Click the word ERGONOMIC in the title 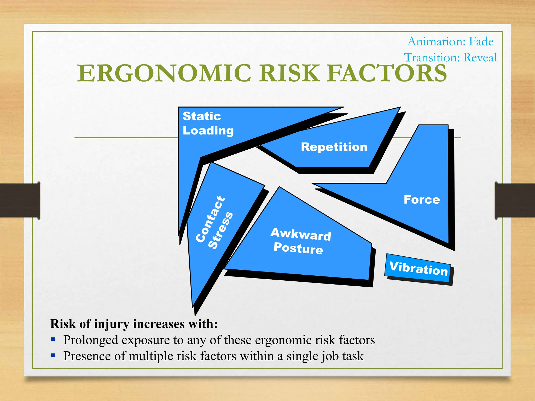pyautogui.click(x=164, y=73)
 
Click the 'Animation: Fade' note pyautogui.click(x=450, y=42)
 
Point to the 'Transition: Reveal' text pyautogui.click(x=450, y=57)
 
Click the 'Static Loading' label pyautogui.click(x=208, y=123)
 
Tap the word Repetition pyautogui.click(x=334, y=147)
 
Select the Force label pyautogui.click(x=422, y=200)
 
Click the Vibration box pyautogui.click(x=418, y=268)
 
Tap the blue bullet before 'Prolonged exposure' pyautogui.click(x=53, y=340)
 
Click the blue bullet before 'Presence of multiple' pyautogui.click(x=53, y=356)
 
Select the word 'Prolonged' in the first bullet pyautogui.click(x=90, y=340)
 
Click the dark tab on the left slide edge pyautogui.click(x=20, y=200)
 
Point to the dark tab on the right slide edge pyautogui.click(x=515, y=200)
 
